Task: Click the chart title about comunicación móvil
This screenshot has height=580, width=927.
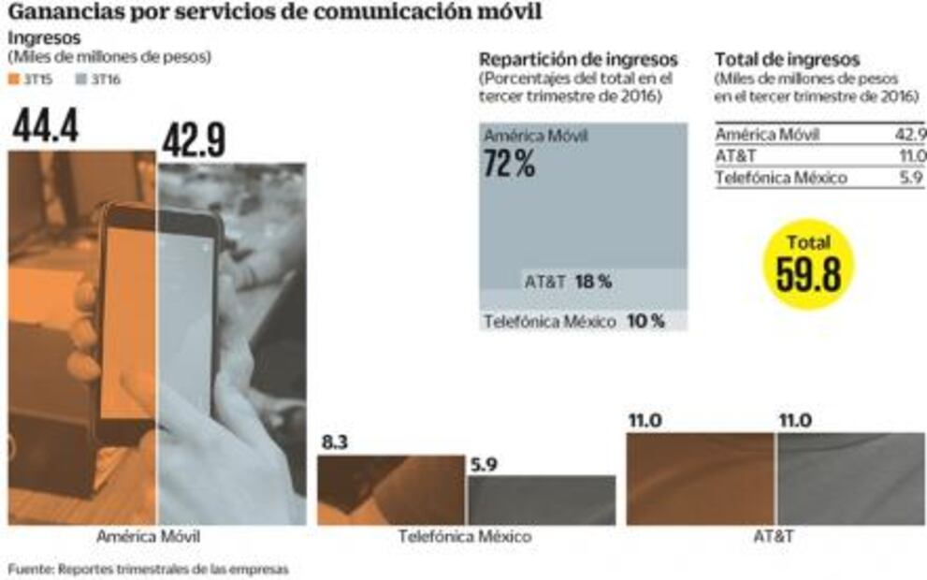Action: (x=275, y=13)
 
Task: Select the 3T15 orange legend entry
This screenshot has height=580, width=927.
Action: (x=30, y=80)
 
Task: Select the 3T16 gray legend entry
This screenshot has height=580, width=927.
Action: (x=97, y=80)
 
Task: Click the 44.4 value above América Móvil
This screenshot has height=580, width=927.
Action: (x=45, y=128)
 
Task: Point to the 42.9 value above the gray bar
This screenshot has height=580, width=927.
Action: (x=194, y=141)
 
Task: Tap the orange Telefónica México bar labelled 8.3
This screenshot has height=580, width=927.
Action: (x=391, y=490)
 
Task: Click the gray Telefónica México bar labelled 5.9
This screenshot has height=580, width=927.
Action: (x=541, y=500)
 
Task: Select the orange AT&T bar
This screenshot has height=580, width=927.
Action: (x=701, y=478)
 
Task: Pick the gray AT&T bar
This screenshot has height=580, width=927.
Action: (x=849, y=478)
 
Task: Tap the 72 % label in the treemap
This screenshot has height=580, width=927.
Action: (x=509, y=165)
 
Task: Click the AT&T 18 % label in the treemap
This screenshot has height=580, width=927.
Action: (x=568, y=281)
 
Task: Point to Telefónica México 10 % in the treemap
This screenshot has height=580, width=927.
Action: (x=574, y=321)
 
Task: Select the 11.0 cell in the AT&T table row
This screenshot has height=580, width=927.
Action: (x=911, y=156)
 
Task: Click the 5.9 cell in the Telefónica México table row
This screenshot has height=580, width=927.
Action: (x=912, y=178)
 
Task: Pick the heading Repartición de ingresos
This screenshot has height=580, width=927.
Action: (x=578, y=60)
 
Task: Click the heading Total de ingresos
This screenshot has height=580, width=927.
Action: (x=787, y=60)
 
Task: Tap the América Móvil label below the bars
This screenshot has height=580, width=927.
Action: (x=148, y=537)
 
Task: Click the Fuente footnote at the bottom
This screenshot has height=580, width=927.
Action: (x=148, y=568)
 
